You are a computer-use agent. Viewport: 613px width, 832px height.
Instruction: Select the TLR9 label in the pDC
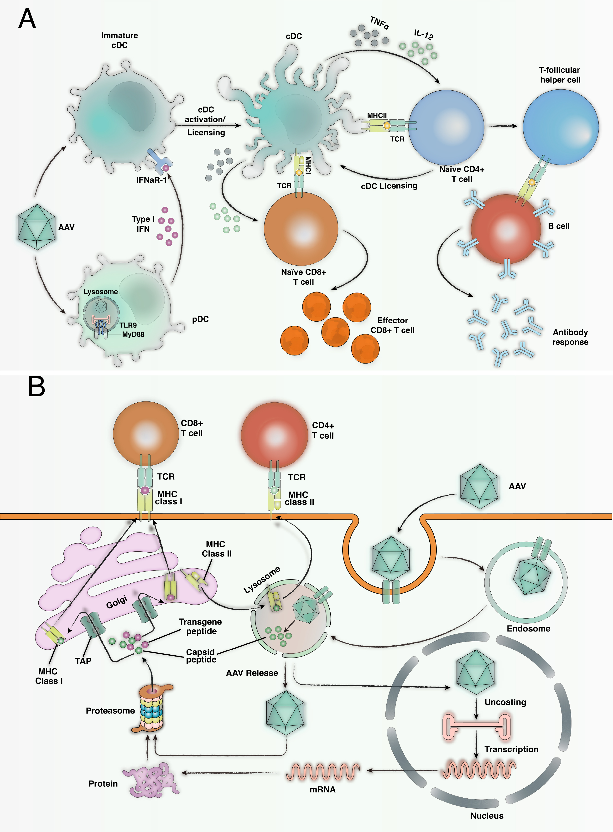pos(128,325)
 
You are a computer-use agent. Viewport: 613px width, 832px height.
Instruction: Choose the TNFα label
pos(379,23)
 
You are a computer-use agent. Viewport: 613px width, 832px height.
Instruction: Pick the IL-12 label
pos(423,35)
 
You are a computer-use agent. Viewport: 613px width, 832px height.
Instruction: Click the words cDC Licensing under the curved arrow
pos(389,186)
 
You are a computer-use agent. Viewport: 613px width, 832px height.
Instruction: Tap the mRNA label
pos(322,789)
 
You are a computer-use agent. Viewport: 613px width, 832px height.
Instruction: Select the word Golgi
pos(116,602)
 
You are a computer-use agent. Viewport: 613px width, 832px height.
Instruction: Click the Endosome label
pos(528,628)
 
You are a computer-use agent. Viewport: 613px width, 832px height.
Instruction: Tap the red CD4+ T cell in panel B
pos(275,435)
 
